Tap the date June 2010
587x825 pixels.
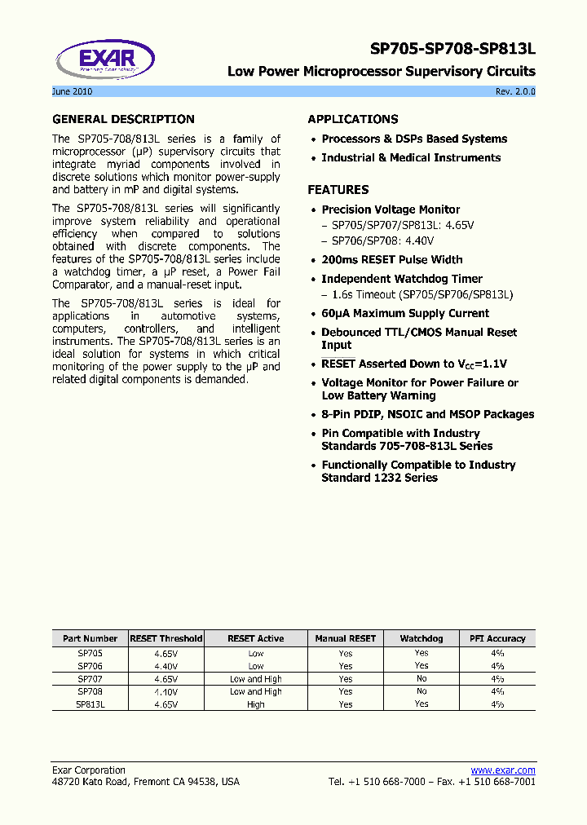72,91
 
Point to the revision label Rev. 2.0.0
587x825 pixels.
515,91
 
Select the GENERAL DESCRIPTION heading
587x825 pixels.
123,119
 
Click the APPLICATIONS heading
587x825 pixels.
353,119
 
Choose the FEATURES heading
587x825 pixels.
338,190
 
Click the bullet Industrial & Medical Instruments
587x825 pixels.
411,158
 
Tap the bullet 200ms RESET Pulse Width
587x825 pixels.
392,260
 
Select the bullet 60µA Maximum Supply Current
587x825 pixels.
405,314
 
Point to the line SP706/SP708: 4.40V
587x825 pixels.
382,241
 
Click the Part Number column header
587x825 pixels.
90,638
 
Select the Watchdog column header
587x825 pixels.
421,638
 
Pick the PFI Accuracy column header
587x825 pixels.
497,638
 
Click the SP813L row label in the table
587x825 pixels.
90,704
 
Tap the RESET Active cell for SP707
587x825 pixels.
255,679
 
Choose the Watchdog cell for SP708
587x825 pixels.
421,691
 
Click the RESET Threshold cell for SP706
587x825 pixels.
166,666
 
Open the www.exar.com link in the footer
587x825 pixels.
503,770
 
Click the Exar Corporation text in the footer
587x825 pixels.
89,770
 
